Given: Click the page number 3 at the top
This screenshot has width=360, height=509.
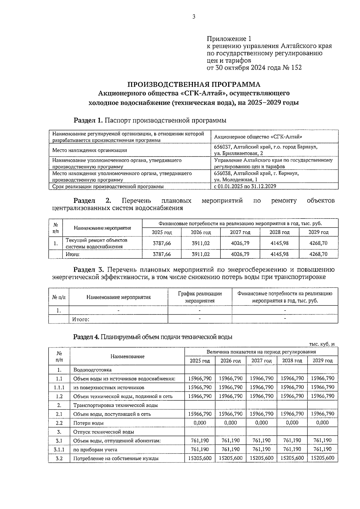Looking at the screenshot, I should click(x=193, y=17).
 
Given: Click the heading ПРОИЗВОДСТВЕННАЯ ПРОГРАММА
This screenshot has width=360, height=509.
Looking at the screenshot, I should click(x=194, y=84).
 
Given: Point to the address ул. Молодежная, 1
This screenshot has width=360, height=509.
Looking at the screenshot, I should click(x=235, y=180).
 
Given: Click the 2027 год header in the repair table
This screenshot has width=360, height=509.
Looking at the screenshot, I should click(x=240, y=232).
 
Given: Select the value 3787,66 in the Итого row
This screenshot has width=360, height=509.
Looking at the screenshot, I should click(x=162, y=254).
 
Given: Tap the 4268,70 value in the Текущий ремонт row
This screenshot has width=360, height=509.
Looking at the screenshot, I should click(x=318, y=243).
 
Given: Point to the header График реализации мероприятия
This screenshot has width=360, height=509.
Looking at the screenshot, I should click(x=200, y=297).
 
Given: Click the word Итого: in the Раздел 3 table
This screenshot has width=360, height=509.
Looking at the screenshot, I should click(x=81, y=319).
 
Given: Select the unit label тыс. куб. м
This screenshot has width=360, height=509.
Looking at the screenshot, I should click(x=322, y=344).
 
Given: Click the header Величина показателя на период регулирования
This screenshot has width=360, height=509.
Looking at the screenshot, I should click(x=261, y=352).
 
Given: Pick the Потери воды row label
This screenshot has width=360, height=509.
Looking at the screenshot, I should click(x=88, y=423).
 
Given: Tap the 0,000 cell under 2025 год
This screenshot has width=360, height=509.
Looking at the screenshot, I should click(x=200, y=423).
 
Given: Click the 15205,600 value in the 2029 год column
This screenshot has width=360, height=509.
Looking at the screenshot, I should click(x=322, y=458).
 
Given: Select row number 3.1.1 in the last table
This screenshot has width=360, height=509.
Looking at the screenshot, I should click(x=59, y=449).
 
